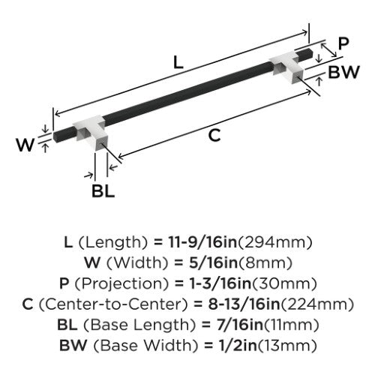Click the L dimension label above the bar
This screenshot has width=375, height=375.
(x=178, y=62)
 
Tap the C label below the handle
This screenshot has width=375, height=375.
(x=214, y=135)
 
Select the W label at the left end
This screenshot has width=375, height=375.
(x=25, y=144)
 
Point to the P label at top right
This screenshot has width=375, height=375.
(x=343, y=43)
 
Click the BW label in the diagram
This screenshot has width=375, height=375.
(x=343, y=72)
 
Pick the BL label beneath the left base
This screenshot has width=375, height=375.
(x=103, y=191)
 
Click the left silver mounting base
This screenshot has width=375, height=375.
(x=91, y=133)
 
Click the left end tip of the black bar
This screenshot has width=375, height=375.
(x=55, y=136)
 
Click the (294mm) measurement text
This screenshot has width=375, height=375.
(x=274, y=242)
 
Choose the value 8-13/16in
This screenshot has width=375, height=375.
(x=244, y=304)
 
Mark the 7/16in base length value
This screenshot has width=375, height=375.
(x=240, y=325)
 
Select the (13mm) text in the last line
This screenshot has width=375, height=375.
(x=287, y=346)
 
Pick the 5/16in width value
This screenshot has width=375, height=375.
(x=213, y=262)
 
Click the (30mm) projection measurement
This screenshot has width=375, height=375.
(x=283, y=283)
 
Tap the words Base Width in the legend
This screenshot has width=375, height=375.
(x=145, y=345)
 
